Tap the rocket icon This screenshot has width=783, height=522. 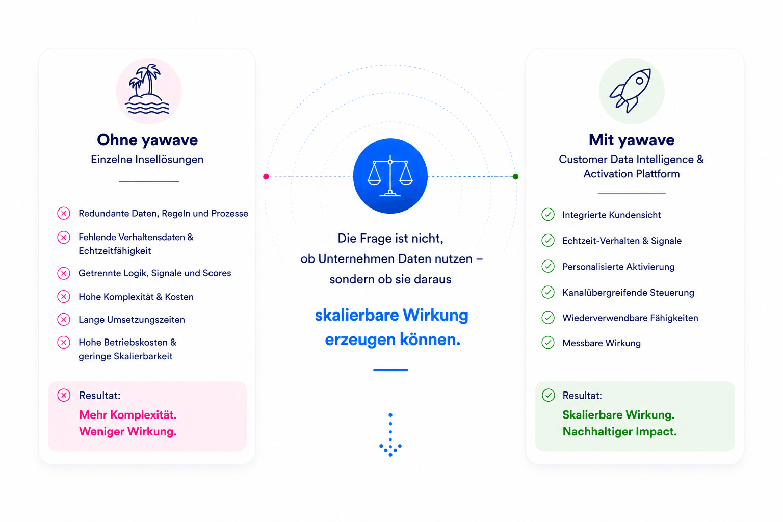(631, 91)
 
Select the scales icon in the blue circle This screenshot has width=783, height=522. (390, 175)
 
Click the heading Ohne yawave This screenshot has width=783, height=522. (147, 140)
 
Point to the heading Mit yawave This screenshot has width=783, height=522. (631, 140)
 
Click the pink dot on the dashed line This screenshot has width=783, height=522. (266, 176)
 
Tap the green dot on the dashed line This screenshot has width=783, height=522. (515, 176)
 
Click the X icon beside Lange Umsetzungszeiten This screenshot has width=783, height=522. (64, 319)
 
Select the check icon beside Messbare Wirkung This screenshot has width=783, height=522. (548, 343)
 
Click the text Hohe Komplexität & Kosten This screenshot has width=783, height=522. (136, 297)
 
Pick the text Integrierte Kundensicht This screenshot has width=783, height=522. (611, 215)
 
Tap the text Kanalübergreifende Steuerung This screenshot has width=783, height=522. (628, 292)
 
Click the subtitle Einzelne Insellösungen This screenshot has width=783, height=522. (147, 160)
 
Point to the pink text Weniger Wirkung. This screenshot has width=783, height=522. (128, 431)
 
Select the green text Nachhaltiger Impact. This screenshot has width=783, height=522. (619, 431)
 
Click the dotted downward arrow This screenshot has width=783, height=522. (390, 435)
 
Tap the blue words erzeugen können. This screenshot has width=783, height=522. (392, 340)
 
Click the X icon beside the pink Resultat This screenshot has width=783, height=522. (64, 395)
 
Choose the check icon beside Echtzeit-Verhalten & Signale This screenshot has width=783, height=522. (548, 240)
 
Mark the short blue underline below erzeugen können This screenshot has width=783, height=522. (390, 370)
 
